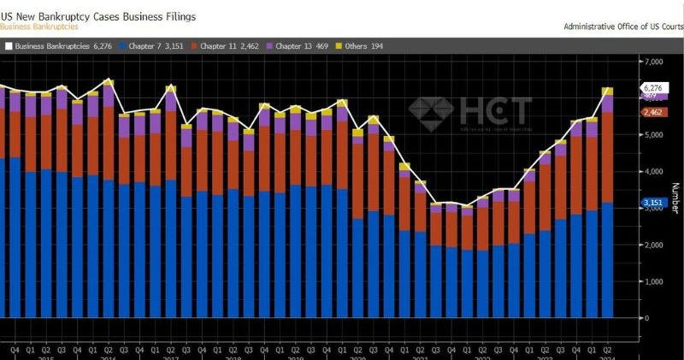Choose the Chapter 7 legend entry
(x=154, y=44)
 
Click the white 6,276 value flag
(x=652, y=88)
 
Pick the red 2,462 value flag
(x=652, y=112)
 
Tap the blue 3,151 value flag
(x=652, y=203)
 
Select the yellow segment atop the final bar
(x=608, y=91)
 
